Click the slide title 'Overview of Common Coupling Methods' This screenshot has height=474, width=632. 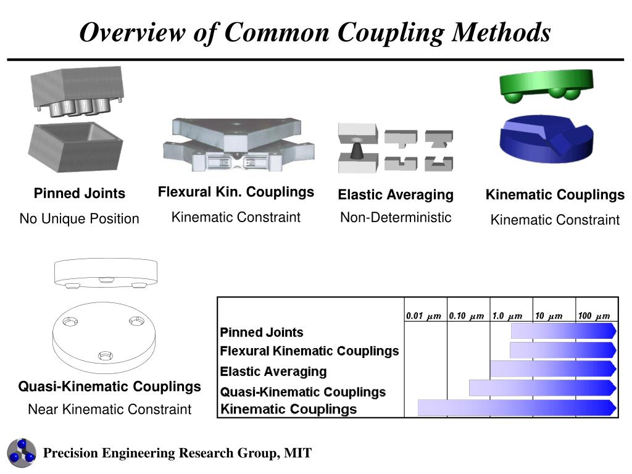[x=315, y=32]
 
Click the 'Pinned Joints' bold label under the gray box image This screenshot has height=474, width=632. [x=79, y=194]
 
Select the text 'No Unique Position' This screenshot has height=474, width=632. [x=79, y=218]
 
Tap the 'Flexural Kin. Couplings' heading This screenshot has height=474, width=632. [x=236, y=192]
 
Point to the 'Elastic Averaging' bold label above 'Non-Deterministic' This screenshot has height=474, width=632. [x=396, y=195]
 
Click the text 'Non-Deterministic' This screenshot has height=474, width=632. [x=396, y=217]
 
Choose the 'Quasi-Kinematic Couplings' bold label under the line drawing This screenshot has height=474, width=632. [x=109, y=387]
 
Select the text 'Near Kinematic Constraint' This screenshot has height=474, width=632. [x=109, y=409]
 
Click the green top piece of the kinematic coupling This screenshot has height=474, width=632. [x=546, y=84]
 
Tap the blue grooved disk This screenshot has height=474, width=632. [x=546, y=139]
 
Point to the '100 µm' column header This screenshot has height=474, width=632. [x=593, y=316]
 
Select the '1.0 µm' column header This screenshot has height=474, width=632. [x=507, y=316]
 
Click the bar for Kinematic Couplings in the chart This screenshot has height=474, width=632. [x=516, y=407]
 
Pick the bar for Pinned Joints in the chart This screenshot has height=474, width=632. [x=563, y=331]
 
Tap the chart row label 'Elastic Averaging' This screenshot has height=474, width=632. [x=273, y=372]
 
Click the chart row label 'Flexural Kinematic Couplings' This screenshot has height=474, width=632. [x=309, y=351]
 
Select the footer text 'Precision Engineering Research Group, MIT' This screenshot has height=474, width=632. [x=177, y=454]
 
